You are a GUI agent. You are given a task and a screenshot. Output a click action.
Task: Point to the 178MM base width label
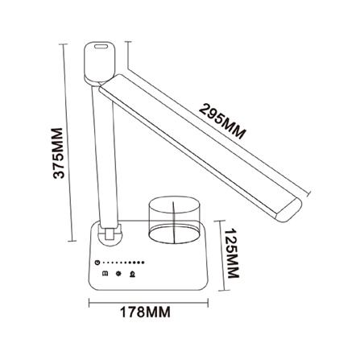tap(150, 310)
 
